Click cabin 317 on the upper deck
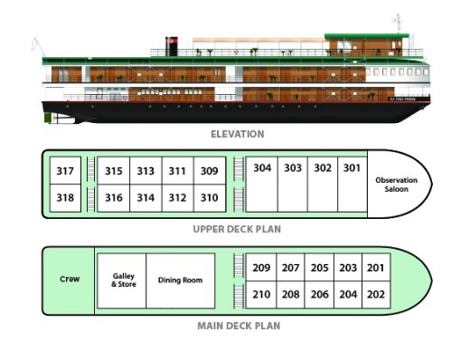(65, 170)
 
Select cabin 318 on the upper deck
(65, 198)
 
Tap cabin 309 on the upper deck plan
(210, 170)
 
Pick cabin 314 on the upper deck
(146, 198)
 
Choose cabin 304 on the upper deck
(262, 184)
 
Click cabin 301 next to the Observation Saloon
(352, 184)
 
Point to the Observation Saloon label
(396, 185)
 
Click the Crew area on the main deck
(70, 279)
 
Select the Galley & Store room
(122, 280)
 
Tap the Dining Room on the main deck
(180, 280)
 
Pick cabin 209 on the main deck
(261, 268)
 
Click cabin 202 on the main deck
(376, 295)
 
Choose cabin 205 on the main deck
(319, 268)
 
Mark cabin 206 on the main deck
(319, 295)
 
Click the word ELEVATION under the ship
(238, 134)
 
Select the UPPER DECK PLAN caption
(237, 229)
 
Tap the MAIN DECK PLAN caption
(239, 326)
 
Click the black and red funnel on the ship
(172, 46)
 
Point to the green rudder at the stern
(48, 118)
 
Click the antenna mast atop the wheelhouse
(399, 24)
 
